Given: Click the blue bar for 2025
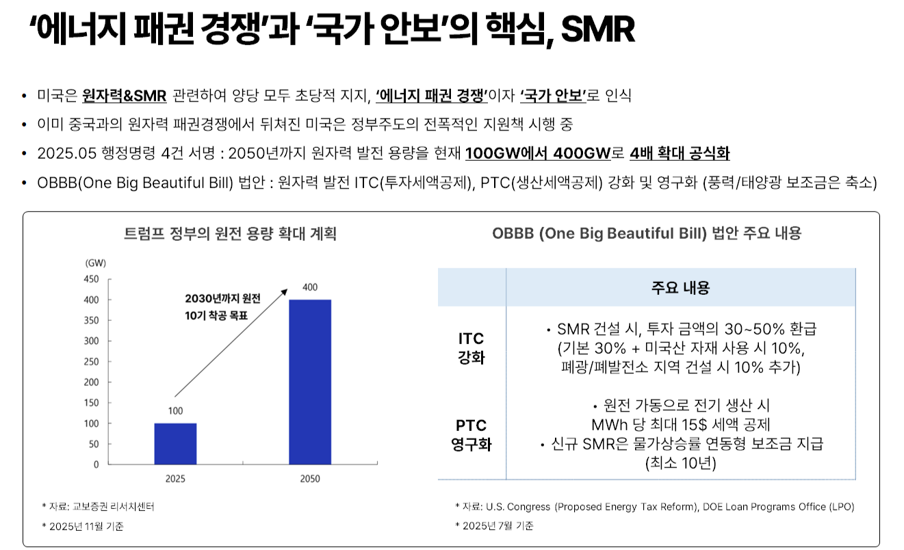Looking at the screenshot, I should coord(175,443).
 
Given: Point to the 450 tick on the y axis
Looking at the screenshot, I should coord(92,279).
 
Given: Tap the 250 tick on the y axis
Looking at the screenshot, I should coord(92,361).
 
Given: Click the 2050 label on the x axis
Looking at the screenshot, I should coord(309,479).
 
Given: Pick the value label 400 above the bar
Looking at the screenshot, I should coord(309,287).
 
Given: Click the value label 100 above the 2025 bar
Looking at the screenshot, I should coord(175,411).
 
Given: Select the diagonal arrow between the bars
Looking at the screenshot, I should coord(231,342).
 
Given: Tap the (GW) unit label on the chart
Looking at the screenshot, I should coord(95,263).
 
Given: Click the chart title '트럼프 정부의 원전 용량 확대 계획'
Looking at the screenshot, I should coord(230,234).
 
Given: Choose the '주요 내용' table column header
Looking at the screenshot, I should coord(680,288).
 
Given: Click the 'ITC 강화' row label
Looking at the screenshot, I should coord(471,348).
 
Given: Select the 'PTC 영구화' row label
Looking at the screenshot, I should coord(471,435).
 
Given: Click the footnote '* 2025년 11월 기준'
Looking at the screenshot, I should coord(83,526).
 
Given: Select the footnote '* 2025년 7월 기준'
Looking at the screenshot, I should coord(493,525).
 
